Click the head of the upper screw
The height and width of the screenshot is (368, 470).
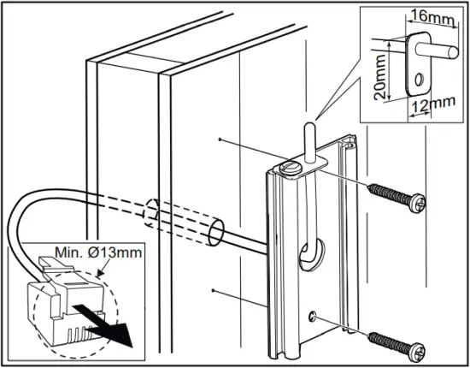click(x=416, y=205)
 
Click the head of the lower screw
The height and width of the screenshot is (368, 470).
click(x=416, y=351)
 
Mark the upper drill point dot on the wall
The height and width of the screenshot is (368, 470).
click(x=220, y=137)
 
